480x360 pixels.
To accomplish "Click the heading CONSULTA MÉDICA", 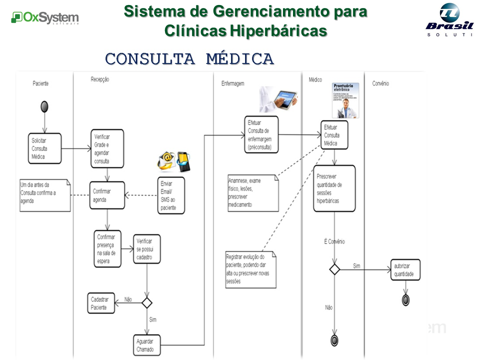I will tap(189, 59).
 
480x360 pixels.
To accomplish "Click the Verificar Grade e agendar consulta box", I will tap(107, 148).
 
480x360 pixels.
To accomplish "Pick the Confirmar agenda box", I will tap(107, 195).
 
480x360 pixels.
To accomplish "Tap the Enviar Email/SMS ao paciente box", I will tap(171, 195).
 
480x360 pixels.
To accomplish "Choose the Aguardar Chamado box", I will tap(147, 344).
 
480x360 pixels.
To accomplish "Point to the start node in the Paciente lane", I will tap(44, 106).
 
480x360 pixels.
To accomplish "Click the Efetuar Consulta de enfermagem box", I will tap(261, 134).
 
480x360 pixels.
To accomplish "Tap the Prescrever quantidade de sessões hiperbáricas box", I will tap(334, 188).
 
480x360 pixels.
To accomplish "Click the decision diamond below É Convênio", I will tap(334, 269).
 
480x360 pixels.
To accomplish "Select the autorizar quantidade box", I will tap(405, 269).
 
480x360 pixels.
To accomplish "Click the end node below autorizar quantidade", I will tap(405, 300).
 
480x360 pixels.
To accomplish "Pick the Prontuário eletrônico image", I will tap(345, 100).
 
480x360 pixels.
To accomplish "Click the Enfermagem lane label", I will tap(233, 83).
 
